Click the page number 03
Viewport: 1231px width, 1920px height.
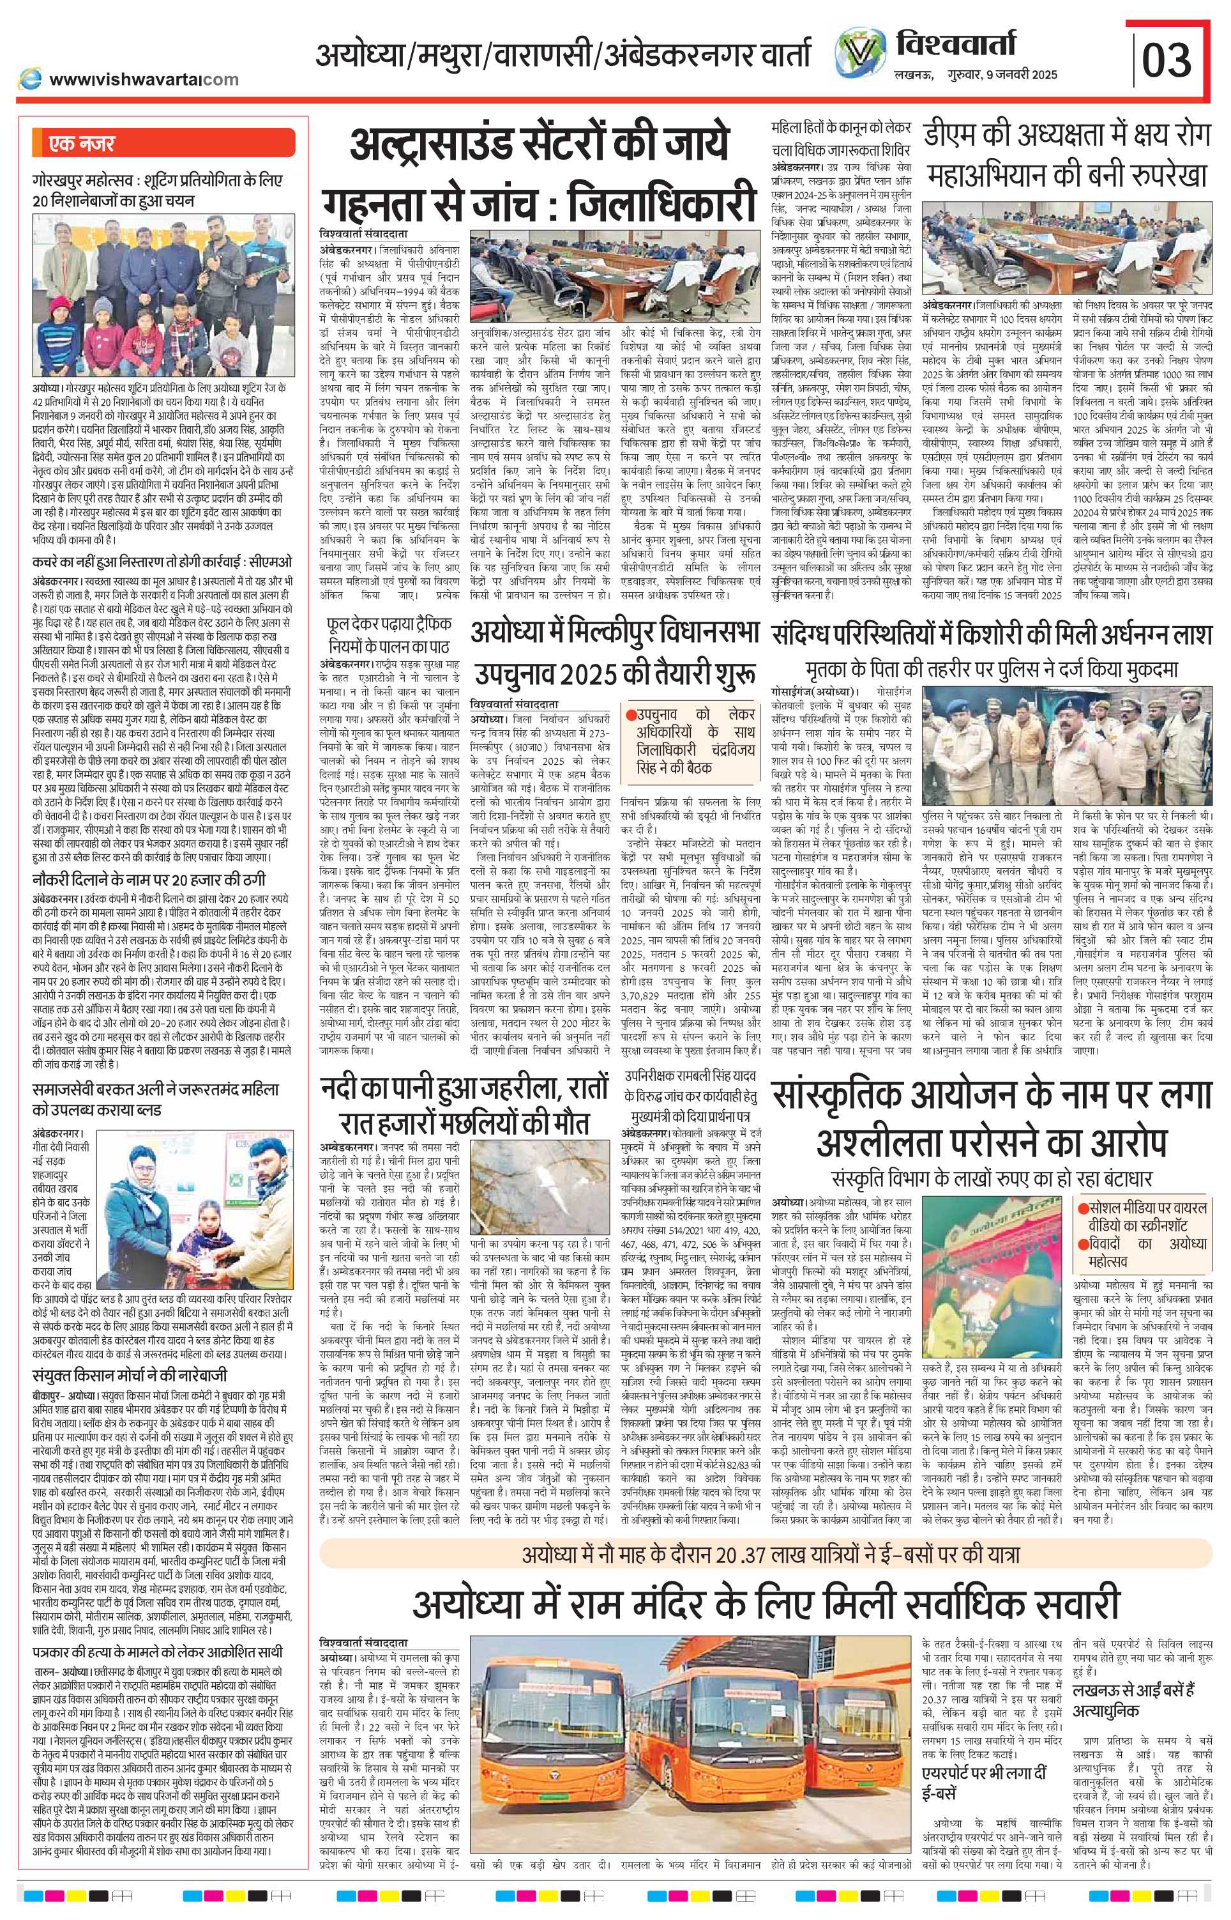(1168, 57)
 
